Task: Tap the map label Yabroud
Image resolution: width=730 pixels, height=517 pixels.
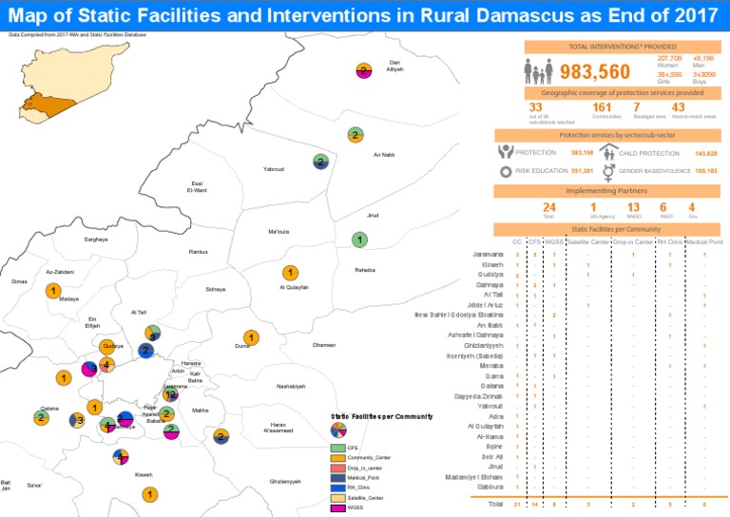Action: tap(273, 169)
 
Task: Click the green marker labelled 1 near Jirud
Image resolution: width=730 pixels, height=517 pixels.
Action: tap(359, 239)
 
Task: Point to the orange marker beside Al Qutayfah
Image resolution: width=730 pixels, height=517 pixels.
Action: tap(291, 274)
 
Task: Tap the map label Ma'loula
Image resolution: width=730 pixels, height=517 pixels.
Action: tap(279, 232)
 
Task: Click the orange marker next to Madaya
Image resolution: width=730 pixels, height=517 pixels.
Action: tap(55, 290)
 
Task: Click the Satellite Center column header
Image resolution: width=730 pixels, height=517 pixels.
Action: tap(587, 241)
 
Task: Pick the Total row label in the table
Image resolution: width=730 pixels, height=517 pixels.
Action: tap(494, 503)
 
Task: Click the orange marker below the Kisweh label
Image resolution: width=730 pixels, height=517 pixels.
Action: tap(149, 494)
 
